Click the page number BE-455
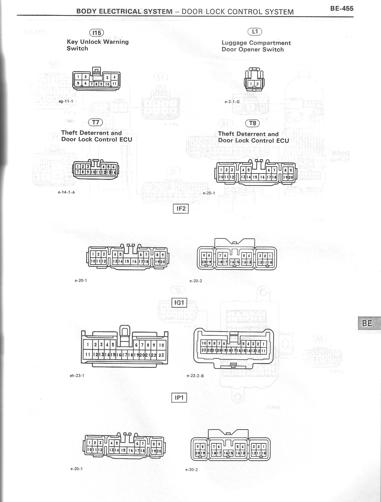coord(342,9)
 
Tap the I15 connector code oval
coord(96,33)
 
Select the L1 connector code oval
coord(255,31)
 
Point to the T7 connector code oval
coord(95,123)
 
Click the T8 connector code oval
coord(253,123)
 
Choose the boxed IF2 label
coord(181,208)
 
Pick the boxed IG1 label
coord(179,303)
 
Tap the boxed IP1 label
coord(179,398)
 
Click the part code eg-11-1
coord(66,101)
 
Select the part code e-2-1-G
coord(232,102)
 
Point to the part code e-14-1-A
coord(66,192)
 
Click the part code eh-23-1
coord(77,375)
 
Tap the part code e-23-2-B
coord(195,376)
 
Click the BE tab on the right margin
coord(367,323)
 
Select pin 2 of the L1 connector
coord(257,84)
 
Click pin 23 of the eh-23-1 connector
coord(161,355)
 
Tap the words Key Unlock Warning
coord(98,42)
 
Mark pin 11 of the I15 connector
coord(115,84)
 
